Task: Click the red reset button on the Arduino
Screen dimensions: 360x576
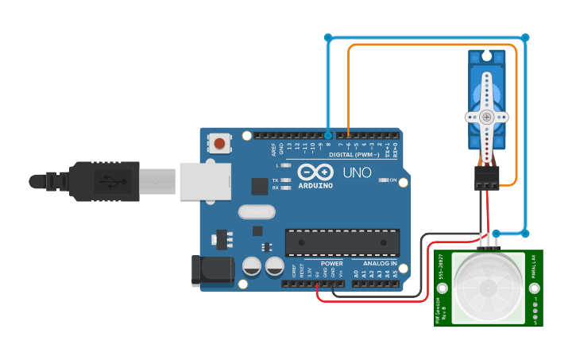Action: [x=219, y=144]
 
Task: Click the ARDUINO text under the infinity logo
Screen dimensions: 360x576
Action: [x=316, y=185]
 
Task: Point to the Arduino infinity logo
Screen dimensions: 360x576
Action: [x=316, y=172]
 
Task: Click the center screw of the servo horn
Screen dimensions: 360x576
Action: [x=486, y=117]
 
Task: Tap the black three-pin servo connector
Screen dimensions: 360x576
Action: [x=487, y=179]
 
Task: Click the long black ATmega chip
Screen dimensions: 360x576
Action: [x=342, y=243]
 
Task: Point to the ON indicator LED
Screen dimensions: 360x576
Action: [x=384, y=180]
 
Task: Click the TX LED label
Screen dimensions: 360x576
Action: [x=275, y=180]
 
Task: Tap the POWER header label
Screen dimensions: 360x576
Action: [x=332, y=263]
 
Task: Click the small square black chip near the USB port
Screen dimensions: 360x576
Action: [x=259, y=186]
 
